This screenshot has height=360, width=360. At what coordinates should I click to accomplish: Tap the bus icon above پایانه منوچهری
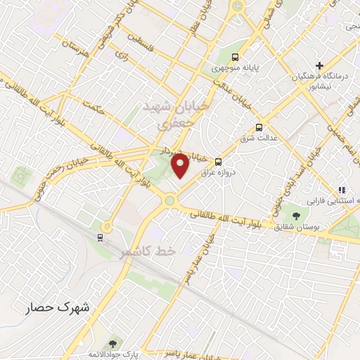click(x=235, y=57)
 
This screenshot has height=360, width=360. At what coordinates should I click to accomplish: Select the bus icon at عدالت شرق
click(x=259, y=127)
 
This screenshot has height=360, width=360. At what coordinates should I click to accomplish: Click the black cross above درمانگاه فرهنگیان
click(x=320, y=65)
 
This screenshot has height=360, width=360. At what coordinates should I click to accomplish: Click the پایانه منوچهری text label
click(x=245, y=69)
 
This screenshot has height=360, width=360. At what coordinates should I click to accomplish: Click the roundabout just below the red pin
click(x=169, y=201)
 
